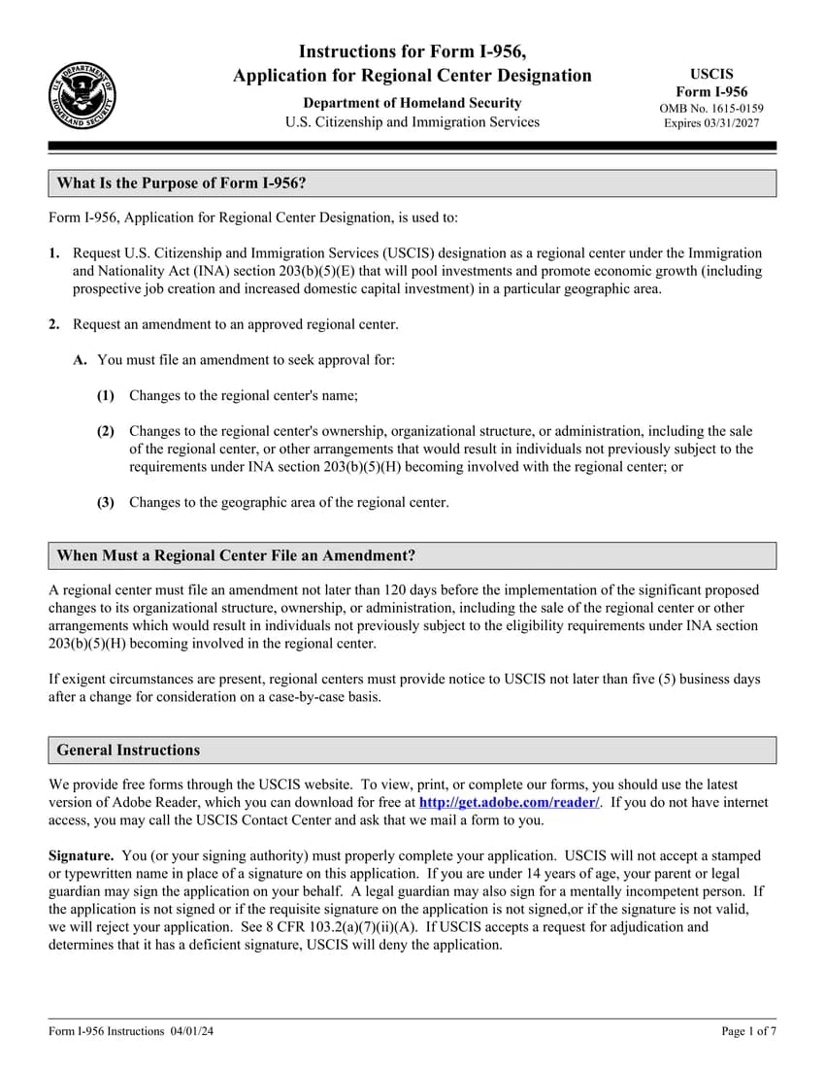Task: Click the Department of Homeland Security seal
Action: pyautogui.click(x=82, y=95)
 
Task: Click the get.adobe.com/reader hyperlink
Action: pyautogui.click(x=509, y=803)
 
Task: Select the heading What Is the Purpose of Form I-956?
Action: pyautogui.click(x=182, y=184)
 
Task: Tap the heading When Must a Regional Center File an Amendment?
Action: pyautogui.click(x=236, y=555)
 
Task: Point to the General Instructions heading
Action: pyautogui.click(x=128, y=751)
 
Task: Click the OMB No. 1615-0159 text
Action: pyautogui.click(x=711, y=108)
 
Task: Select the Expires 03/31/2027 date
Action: pyautogui.click(x=711, y=123)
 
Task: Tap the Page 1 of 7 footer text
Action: pyautogui.click(x=748, y=1031)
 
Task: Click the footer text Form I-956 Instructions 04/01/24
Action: pyautogui.click(x=131, y=1031)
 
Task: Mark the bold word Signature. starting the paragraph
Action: pyautogui.click(x=82, y=856)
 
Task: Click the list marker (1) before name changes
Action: pyautogui.click(x=106, y=395)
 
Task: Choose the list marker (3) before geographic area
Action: pyautogui.click(x=106, y=502)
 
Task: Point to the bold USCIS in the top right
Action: pyautogui.click(x=711, y=74)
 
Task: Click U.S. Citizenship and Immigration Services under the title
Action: pyautogui.click(x=412, y=122)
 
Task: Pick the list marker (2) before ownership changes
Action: pyautogui.click(x=106, y=431)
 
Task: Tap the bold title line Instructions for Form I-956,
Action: pyautogui.click(x=412, y=51)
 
